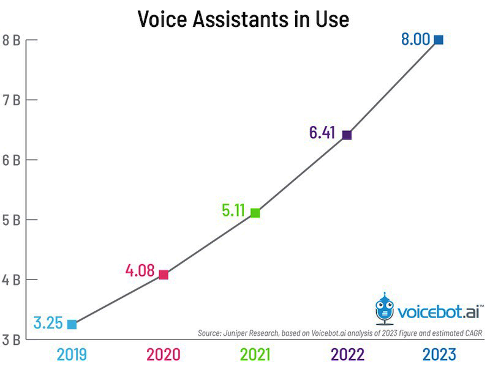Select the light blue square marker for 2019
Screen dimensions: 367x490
coord(72,324)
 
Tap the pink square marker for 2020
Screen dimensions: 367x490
coord(164,275)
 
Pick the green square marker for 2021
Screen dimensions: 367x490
coord(255,213)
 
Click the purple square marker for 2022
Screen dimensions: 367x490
coord(347,135)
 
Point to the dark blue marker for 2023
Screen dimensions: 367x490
coord(439,40)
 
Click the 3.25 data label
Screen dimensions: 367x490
coord(48,323)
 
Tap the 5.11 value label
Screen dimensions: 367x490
coord(233,211)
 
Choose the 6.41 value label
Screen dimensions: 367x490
coord(322,132)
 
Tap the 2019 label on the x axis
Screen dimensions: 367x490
coord(73,354)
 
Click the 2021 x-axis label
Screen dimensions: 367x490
coord(256,354)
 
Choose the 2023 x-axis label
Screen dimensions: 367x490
coord(439,354)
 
